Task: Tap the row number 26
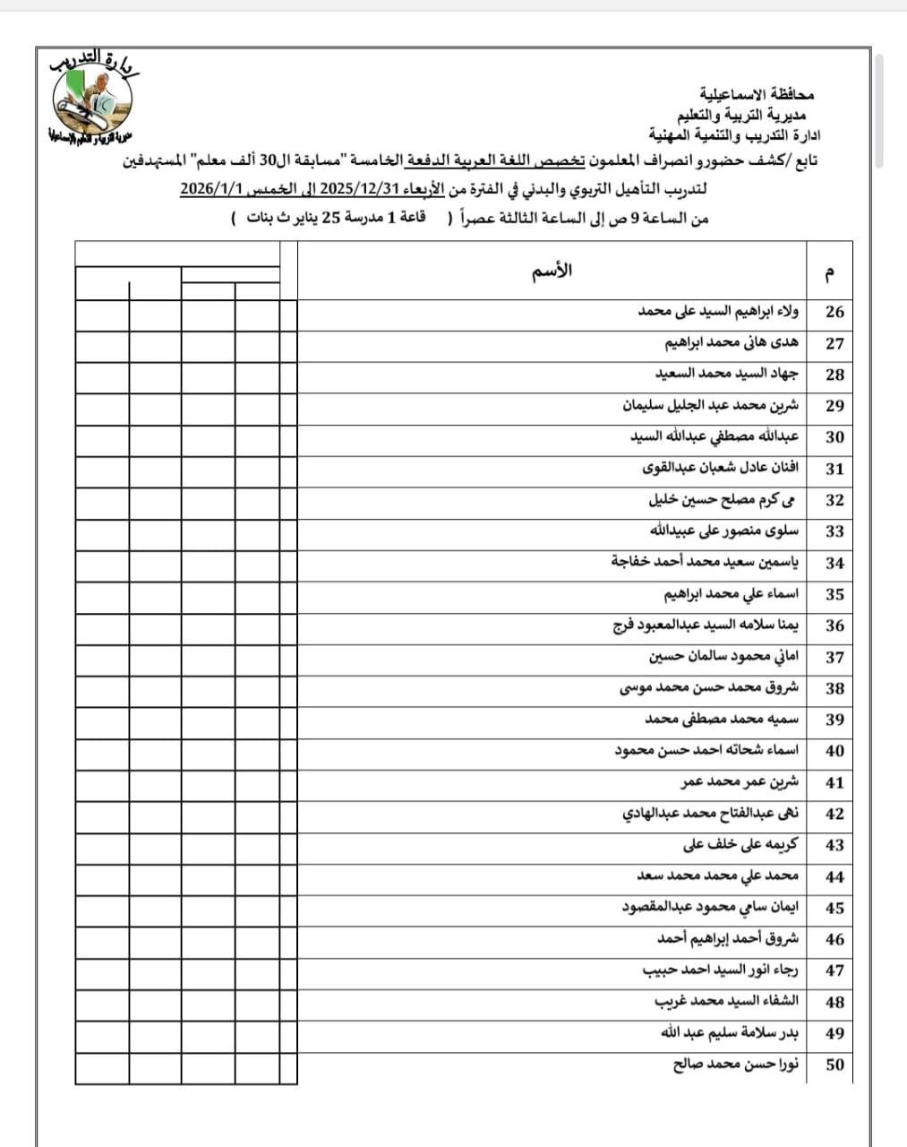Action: point(834,312)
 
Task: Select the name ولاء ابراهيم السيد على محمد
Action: point(718,312)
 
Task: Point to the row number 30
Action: point(834,437)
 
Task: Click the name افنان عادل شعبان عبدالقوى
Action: point(721,469)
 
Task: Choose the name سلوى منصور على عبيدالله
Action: point(723,531)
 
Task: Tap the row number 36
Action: point(834,625)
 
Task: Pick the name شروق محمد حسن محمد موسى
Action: point(709,688)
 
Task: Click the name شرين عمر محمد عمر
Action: point(740,782)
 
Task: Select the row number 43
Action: point(834,845)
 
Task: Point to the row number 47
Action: point(834,970)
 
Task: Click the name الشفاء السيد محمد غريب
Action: point(726,1002)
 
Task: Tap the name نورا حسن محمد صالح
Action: point(736,1065)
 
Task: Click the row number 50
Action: point(834,1065)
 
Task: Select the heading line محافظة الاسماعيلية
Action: point(757,94)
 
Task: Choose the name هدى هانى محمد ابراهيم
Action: point(732,343)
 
